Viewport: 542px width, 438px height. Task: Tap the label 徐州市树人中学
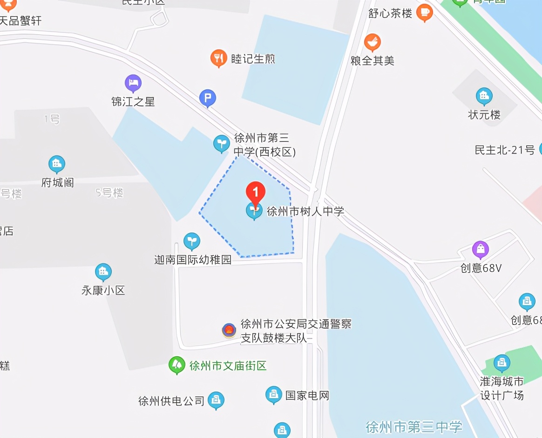click(x=305, y=212)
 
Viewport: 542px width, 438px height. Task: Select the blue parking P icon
click(x=208, y=99)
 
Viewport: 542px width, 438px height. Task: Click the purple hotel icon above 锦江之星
click(x=133, y=84)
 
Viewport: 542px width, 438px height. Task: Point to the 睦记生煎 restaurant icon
click(x=218, y=58)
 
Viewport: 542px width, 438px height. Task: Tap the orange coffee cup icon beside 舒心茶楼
click(x=425, y=12)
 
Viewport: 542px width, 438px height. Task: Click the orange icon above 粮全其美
click(x=372, y=43)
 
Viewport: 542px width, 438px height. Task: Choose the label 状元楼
click(x=484, y=114)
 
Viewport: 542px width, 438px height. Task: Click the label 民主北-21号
click(x=505, y=150)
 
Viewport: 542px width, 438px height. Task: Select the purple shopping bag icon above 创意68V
click(x=481, y=250)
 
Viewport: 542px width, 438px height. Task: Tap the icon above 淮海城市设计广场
click(x=502, y=363)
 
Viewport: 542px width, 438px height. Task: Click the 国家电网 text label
click(x=307, y=396)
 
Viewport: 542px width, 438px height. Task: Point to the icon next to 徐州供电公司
click(x=216, y=400)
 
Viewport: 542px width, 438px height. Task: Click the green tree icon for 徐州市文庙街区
click(x=177, y=365)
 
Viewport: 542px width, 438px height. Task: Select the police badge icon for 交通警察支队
click(x=229, y=331)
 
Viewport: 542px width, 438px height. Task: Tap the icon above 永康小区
click(x=103, y=272)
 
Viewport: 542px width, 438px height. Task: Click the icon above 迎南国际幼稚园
click(x=191, y=241)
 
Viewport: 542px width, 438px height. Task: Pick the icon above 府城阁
click(x=57, y=164)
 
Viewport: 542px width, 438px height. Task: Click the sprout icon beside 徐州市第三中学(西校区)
click(x=221, y=144)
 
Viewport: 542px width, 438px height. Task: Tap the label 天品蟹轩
click(x=21, y=21)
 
